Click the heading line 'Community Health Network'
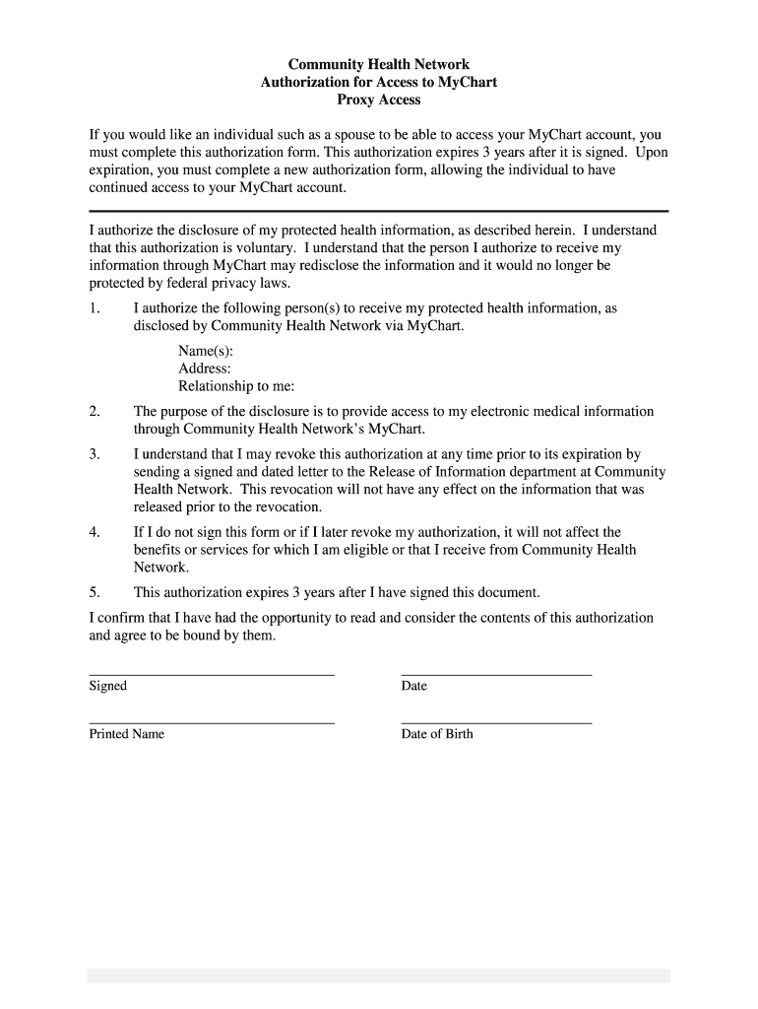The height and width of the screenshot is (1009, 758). coord(379,65)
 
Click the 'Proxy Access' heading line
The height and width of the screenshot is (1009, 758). coord(379,100)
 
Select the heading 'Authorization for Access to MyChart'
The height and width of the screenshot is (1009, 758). coord(379,83)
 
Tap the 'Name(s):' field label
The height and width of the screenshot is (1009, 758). coord(206,352)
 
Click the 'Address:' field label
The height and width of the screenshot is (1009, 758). coord(205,369)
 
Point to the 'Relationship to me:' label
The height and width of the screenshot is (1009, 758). coord(236,386)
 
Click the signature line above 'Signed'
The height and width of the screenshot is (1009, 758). coord(212,675)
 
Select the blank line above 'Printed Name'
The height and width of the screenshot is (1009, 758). coord(212,723)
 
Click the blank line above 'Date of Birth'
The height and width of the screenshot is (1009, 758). coord(496,723)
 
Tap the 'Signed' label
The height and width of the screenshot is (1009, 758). coord(108,686)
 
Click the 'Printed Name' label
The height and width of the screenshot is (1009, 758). coord(127,734)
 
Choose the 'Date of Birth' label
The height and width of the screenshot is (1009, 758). coord(437,734)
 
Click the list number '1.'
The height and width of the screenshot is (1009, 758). coord(95,308)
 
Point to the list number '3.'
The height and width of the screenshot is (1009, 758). coord(95,454)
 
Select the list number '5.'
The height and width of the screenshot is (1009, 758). coord(95,592)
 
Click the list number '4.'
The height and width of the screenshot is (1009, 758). coord(95,532)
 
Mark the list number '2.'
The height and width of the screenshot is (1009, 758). coord(95,412)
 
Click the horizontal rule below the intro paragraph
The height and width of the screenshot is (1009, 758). coord(379,211)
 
